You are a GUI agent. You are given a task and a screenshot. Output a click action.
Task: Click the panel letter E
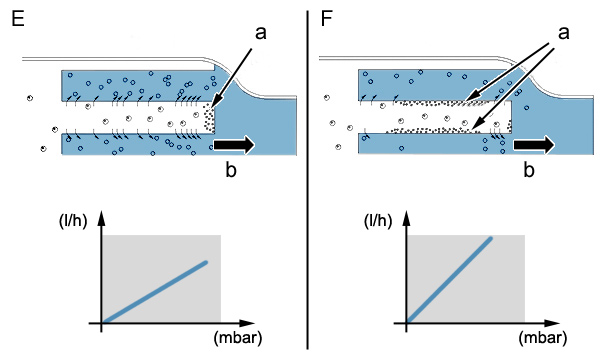(x=18, y=18)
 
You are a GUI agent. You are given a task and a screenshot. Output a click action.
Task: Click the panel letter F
(x=326, y=18)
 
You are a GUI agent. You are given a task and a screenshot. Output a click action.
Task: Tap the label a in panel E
(x=260, y=33)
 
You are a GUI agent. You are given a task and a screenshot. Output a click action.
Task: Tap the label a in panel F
(x=564, y=33)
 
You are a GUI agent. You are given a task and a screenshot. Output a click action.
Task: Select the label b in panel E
(x=231, y=170)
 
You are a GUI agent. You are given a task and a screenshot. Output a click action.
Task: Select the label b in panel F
(x=529, y=170)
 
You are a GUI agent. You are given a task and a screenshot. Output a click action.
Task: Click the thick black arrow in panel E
(x=234, y=144)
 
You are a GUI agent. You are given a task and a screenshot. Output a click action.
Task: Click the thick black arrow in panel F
(x=534, y=145)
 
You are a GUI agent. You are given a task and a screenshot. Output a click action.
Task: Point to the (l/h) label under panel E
(x=73, y=221)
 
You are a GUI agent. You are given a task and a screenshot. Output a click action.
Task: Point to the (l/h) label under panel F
(x=378, y=221)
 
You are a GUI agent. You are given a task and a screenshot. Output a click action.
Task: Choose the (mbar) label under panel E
(x=238, y=338)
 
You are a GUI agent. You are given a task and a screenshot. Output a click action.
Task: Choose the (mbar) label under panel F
(x=543, y=338)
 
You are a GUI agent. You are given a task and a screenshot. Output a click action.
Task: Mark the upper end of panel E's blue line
(x=206, y=262)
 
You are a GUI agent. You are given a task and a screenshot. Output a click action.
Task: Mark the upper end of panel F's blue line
(x=490, y=238)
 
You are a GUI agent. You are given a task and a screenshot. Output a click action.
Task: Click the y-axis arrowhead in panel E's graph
(x=102, y=218)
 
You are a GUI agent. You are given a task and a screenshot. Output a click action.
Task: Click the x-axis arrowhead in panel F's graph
(x=552, y=323)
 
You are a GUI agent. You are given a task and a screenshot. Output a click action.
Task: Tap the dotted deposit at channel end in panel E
(x=209, y=118)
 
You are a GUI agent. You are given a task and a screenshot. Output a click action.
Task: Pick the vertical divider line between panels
(x=308, y=180)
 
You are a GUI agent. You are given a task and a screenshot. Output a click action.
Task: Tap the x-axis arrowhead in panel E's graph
(x=247, y=323)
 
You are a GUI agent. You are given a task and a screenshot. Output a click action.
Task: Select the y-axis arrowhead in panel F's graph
(x=407, y=218)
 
